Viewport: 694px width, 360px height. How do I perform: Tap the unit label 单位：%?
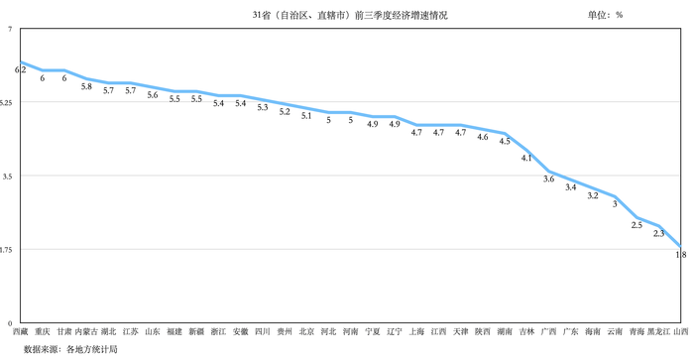pyautogui.click(x=605, y=16)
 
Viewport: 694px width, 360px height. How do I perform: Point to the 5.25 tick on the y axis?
pyautogui.click(x=7, y=103)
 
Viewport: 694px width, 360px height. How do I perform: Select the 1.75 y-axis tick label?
pyautogui.click(x=7, y=250)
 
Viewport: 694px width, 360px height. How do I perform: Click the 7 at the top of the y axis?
pyautogui.click(x=9, y=30)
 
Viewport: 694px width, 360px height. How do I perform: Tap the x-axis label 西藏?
pyautogui.click(x=20, y=332)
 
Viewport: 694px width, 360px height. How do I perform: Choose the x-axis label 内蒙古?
pyautogui.click(x=86, y=332)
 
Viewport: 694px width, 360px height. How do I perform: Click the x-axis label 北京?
pyautogui.click(x=306, y=332)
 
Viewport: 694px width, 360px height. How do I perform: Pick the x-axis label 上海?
pyautogui.click(x=416, y=332)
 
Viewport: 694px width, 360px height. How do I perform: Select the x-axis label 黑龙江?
pyautogui.click(x=658, y=332)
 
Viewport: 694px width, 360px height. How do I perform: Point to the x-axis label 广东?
pyautogui.click(x=571, y=332)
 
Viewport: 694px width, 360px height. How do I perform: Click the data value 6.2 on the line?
pyautogui.click(x=20, y=70)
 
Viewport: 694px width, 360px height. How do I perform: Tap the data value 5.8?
pyautogui.click(x=86, y=87)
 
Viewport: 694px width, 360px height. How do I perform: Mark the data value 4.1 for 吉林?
pyautogui.click(x=526, y=158)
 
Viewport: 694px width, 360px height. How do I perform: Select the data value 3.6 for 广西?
pyautogui.click(x=548, y=180)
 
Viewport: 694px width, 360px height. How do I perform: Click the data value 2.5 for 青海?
pyautogui.click(x=636, y=225)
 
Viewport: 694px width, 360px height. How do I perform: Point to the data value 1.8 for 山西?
pyautogui.click(x=681, y=255)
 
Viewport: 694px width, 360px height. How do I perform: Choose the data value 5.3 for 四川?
pyautogui.click(x=263, y=107)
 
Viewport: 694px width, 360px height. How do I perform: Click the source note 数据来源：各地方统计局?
pyautogui.click(x=70, y=349)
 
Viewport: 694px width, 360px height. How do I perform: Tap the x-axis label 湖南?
pyautogui.click(x=505, y=332)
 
